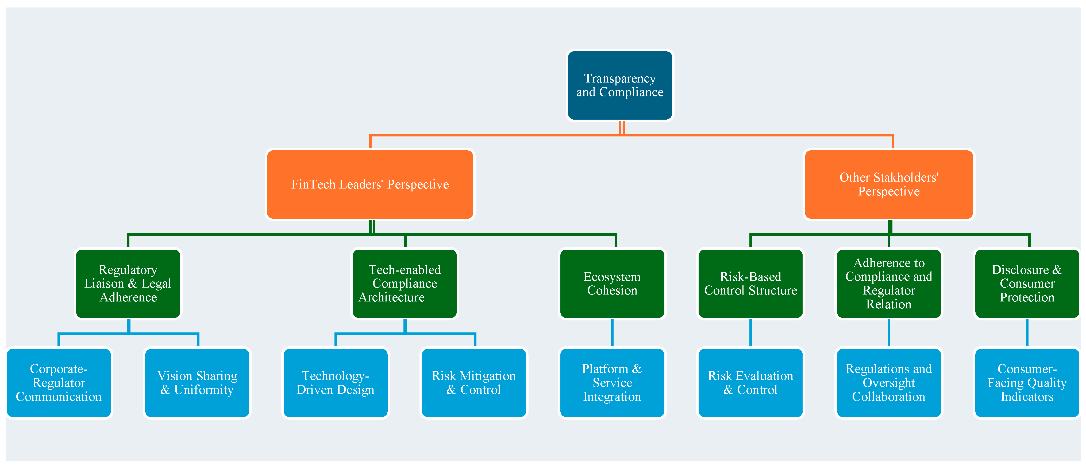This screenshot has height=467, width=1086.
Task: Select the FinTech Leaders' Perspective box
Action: [x=370, y=185]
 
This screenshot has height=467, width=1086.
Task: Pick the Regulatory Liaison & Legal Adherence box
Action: [x=128, y=283]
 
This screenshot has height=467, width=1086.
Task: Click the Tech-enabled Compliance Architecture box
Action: [x=405, y=283]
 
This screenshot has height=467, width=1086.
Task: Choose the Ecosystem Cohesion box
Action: [x=612, y=283]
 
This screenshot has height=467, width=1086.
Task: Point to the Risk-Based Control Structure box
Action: [x=750, y=283]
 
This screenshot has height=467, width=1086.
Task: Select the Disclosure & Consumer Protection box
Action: [x=1027, y=283]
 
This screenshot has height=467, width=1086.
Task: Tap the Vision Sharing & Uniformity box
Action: [x=197, y=383]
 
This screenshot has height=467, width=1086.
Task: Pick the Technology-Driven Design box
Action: [x=336, y=383]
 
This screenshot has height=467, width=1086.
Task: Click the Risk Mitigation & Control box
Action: [x=474, y=383]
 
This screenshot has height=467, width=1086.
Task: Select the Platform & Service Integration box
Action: [x=612, y=383]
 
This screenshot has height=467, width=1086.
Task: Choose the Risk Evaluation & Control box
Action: [x=750, y=383]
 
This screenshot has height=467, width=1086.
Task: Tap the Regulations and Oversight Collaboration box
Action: [x=889, y=383]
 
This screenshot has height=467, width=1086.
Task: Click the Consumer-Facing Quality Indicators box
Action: [x=1027, y=383]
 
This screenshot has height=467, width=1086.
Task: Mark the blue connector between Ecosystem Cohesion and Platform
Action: [x=612, y=333]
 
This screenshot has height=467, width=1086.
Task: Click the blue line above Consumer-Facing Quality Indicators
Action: [x=1027, y=333]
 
